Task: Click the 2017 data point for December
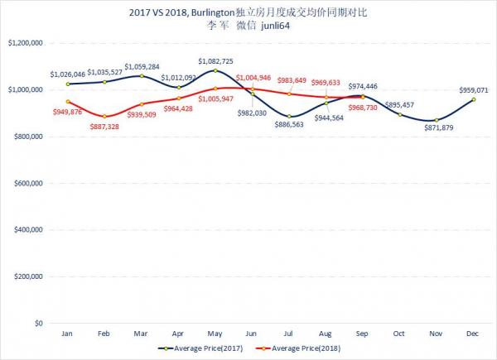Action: [474, 100]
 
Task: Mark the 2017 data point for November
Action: [437, 120]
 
